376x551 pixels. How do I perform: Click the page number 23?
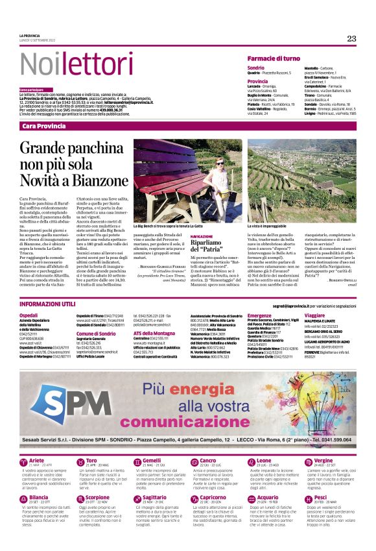pyautogui.click(x=351, y=38)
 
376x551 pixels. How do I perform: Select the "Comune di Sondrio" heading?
pyautogui.click(x=95, y=333)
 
